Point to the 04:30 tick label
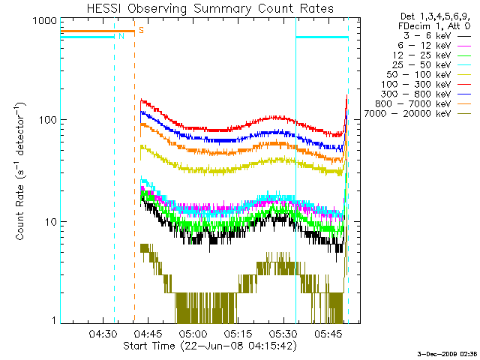(x=103, y=333)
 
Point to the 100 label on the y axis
(x=46, y=120)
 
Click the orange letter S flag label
(x=141, y=31)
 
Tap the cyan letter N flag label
(x=121, y=36)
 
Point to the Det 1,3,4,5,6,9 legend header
(x=432, y=16)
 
